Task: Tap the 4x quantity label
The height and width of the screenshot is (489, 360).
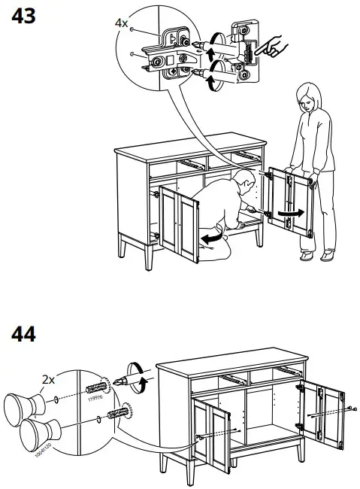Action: [x=120, y=23]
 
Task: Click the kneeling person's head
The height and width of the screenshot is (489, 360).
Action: [x=241, y=180]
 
